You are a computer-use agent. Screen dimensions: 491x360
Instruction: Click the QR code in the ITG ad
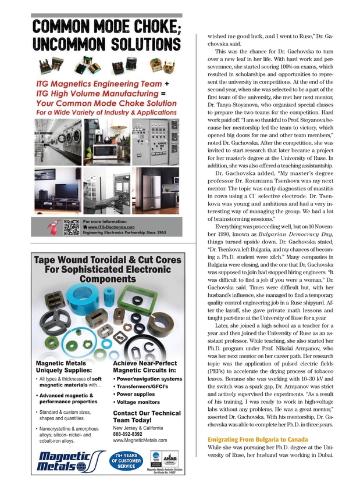click(x=71, y=227)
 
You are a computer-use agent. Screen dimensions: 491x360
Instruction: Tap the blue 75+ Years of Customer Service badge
click(x=126, y=460)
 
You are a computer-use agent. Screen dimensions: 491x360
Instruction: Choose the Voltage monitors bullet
click(x=139, y=402)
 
